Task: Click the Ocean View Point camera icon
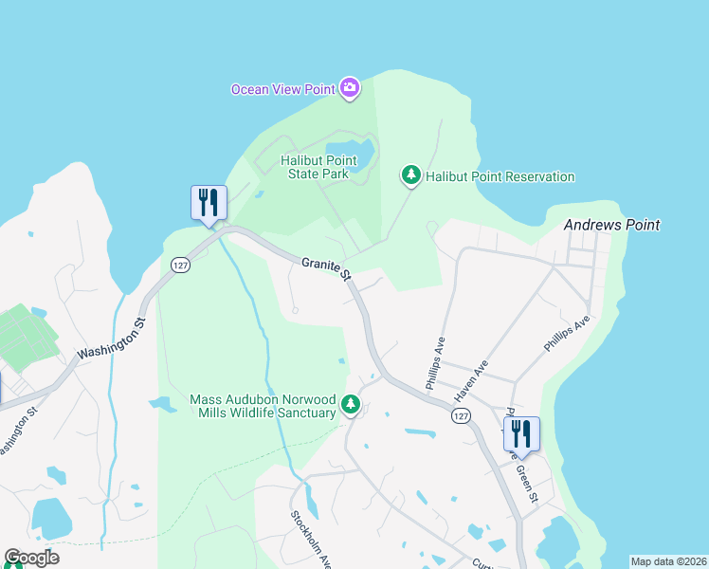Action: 350,89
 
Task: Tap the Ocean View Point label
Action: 282,90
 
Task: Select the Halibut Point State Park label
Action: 315,167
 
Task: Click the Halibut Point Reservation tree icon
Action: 411,175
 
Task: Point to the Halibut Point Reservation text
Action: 500,176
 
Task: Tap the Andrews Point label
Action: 611,226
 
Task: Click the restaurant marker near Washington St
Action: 209,203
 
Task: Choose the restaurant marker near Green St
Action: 521,434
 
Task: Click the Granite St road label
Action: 327,269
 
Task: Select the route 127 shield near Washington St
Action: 181,265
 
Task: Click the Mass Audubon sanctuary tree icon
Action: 351,406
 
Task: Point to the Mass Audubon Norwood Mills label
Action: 263,406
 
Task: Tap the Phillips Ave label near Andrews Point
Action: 567,333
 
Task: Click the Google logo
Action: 31,558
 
